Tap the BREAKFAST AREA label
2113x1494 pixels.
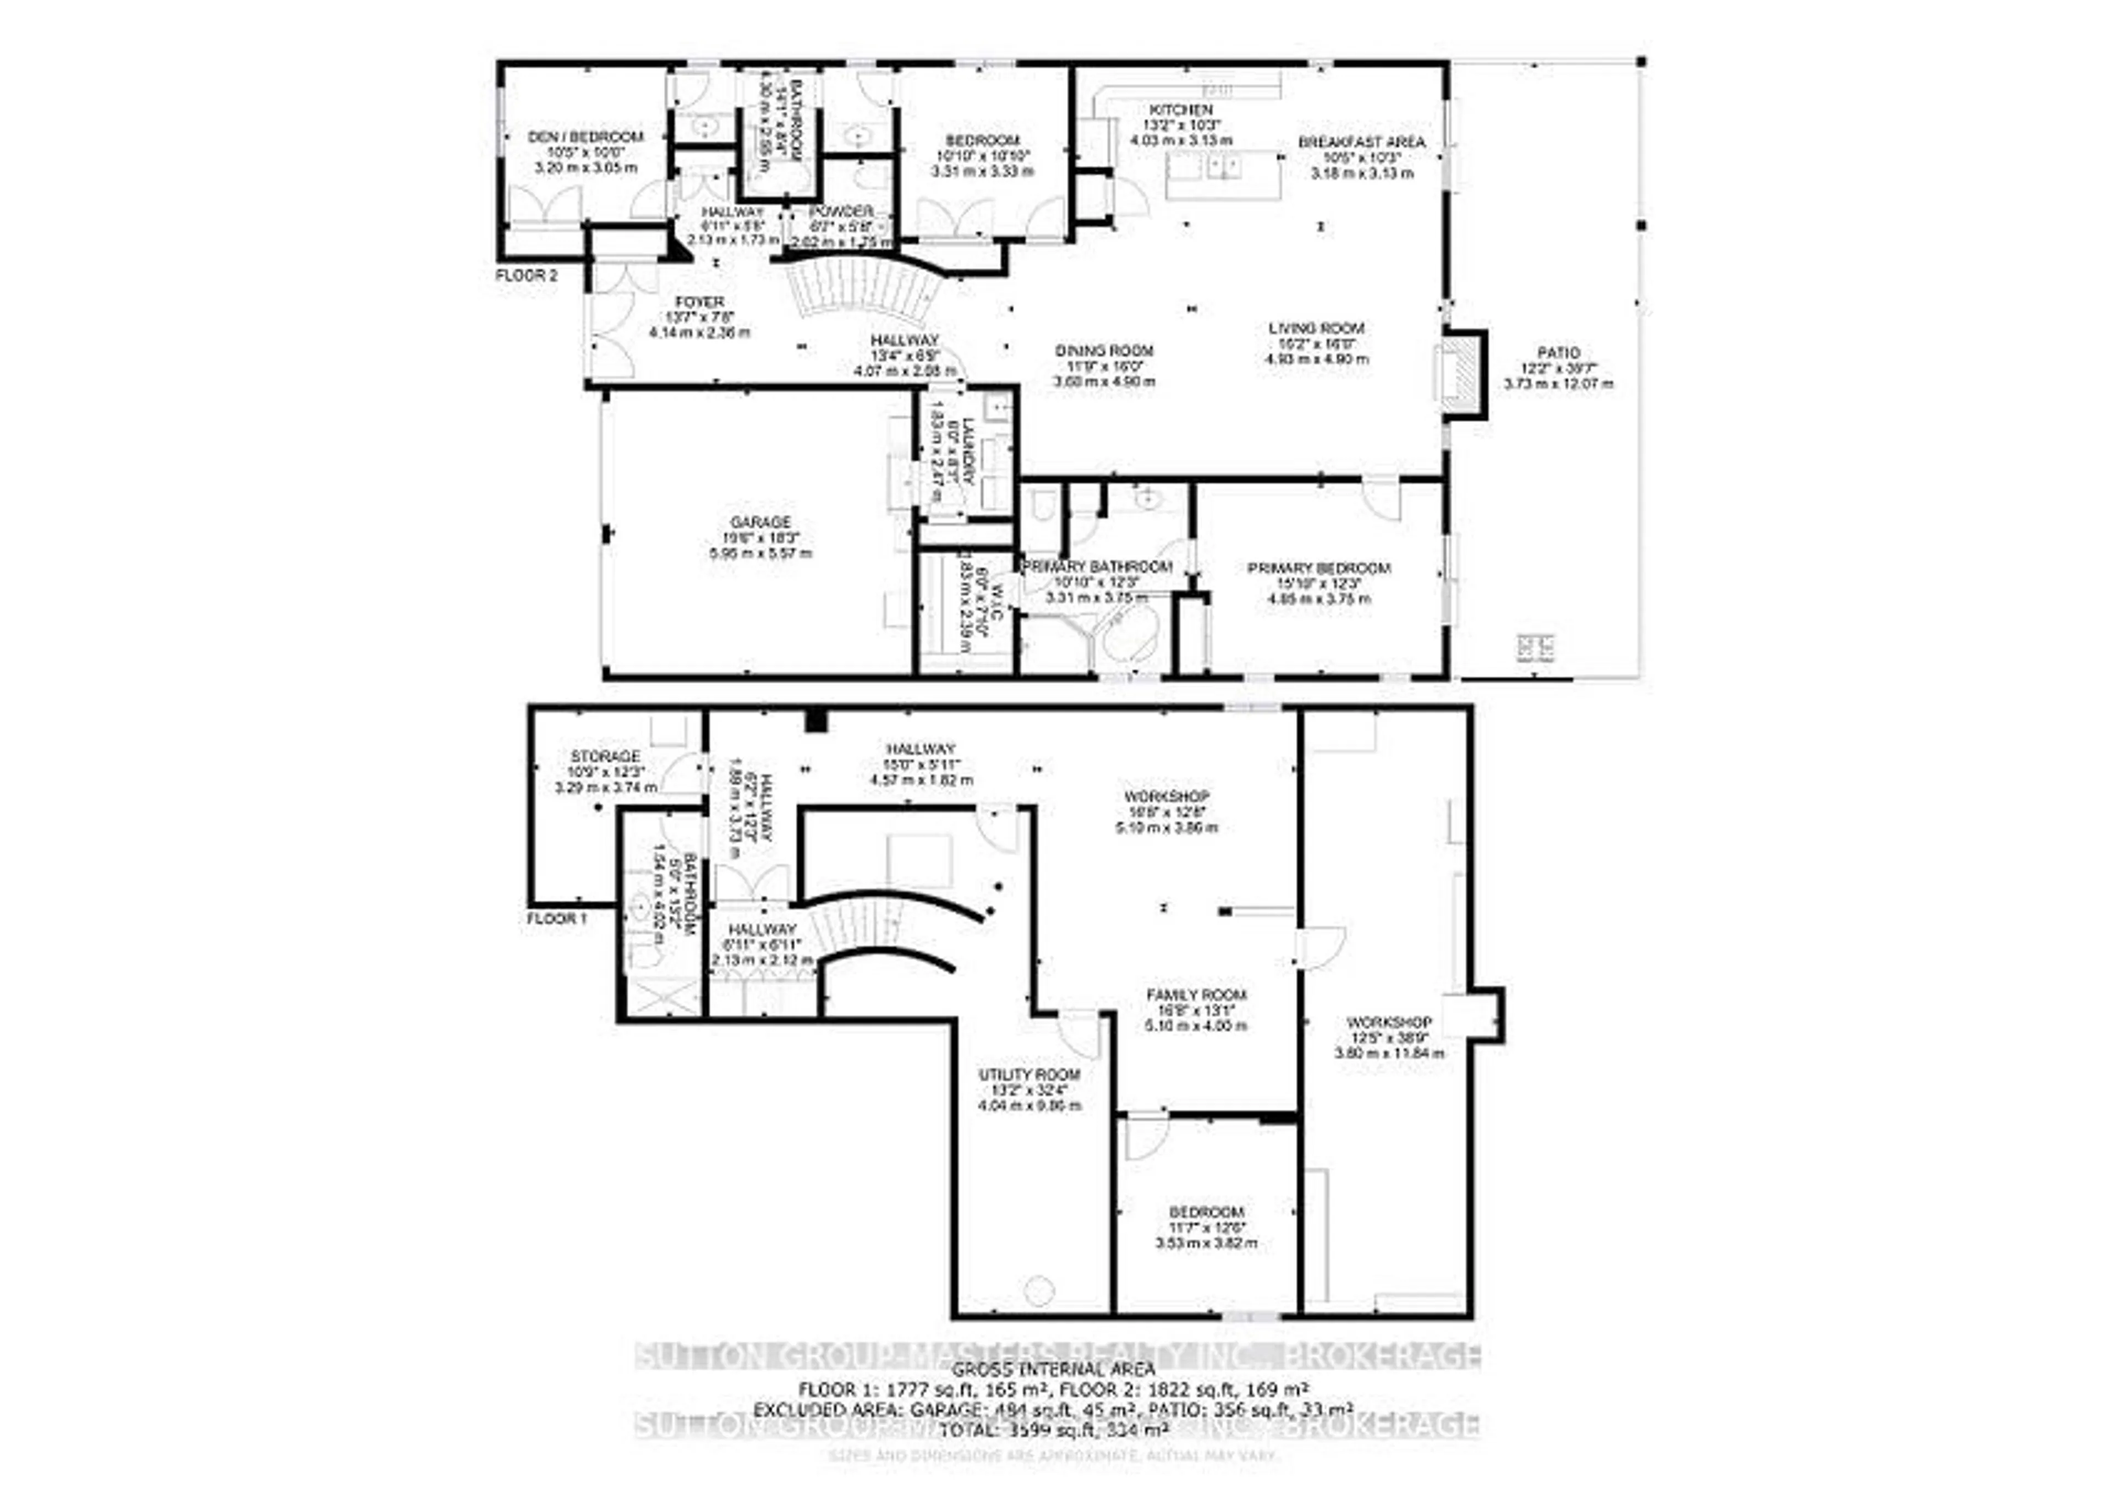click(x=1361, y=142)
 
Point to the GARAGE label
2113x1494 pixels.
click(x=761, y=522)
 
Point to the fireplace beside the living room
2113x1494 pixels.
click(x=1461, y=375)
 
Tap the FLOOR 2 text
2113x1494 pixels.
click(x=527, y=275)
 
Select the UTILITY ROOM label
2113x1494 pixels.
click(x=1029, y=1074)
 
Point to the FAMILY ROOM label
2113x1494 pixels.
click(x=1196, y=994)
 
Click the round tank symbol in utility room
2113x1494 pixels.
click(x=1039, y=1290)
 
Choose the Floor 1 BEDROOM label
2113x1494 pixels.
click(x=1206, y=1212)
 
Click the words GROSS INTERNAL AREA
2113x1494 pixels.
click(x=1053, y=1370)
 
